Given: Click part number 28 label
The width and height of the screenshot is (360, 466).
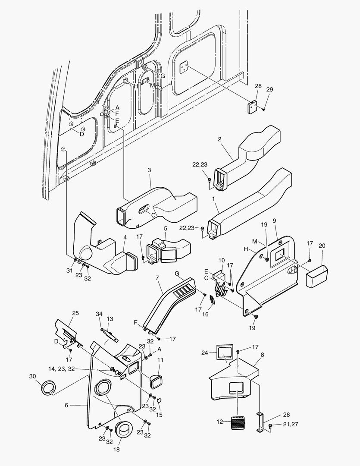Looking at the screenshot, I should coord(258,86).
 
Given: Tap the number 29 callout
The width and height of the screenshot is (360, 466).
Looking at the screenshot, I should coord(269,89).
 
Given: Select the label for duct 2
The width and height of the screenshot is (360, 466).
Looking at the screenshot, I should coord(219,139).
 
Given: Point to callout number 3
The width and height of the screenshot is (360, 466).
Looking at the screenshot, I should coord(149,171).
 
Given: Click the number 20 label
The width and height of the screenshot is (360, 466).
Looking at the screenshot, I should coord(322,246).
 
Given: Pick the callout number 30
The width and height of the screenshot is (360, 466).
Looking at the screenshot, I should coord(33,376).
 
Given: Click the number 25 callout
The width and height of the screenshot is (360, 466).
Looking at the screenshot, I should coord(75,313).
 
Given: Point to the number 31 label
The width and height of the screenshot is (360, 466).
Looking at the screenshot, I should coord(69,270).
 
